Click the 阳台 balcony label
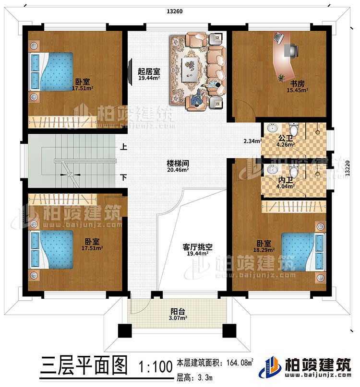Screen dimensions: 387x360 point(177,310)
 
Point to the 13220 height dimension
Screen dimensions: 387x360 point(347,169)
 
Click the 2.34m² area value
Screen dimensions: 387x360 point(252,141)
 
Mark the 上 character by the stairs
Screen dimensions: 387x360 point(123,148)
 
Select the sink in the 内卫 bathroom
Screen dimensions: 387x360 point(273,170)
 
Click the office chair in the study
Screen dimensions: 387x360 point(293,50)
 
